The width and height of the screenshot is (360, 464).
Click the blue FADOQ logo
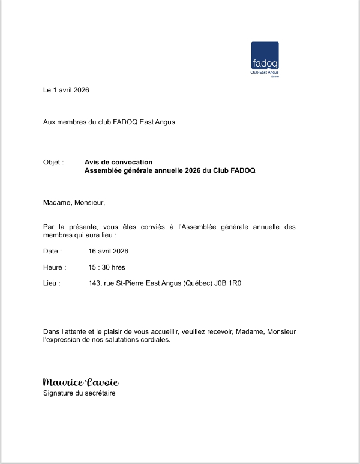click(265, 55)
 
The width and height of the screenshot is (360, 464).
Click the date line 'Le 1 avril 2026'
click(66, 90)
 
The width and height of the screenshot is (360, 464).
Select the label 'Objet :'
click(53, 162)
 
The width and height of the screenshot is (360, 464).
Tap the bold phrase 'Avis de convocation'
click(119, 162)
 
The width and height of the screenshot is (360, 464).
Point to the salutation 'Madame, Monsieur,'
click(74, 202)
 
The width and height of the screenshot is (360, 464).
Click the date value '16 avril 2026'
click(109, 251)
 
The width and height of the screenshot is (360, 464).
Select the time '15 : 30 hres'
click(107, 267)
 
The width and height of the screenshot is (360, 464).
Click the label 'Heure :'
click(55, 267)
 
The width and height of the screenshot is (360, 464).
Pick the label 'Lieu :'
click(52, 283)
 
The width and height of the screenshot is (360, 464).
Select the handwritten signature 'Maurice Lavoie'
click(80, 382)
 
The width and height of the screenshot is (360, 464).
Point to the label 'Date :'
click(52, 251)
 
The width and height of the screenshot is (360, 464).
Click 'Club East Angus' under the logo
click(265, 73)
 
